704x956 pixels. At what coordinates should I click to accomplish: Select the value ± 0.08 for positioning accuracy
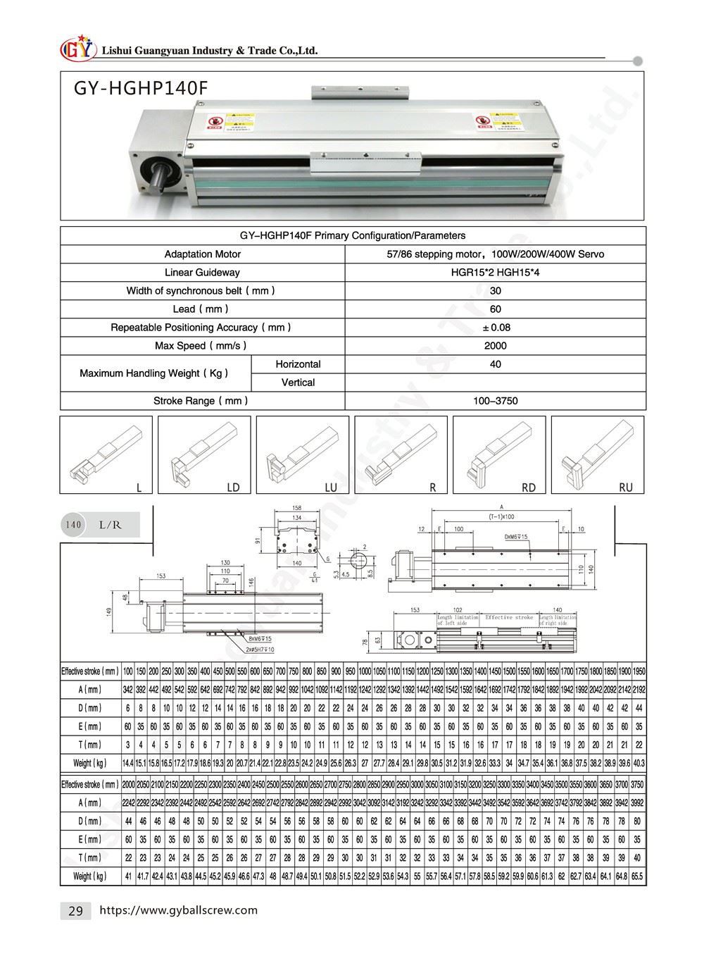pos(495,328)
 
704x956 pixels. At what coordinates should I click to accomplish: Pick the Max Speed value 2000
pos(495,346)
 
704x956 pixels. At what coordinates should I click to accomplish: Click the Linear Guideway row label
pos(202,273)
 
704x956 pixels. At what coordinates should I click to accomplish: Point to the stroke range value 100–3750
pos(495,401)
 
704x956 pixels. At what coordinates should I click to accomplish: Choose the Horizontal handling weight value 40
pos(495,364)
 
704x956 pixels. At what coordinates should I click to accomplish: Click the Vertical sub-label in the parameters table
pos(298,383)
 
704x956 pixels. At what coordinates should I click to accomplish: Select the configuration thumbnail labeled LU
pos(302,454)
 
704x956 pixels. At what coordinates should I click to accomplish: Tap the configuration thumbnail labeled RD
pos(498,454)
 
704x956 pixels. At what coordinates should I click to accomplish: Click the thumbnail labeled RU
pos(597,454)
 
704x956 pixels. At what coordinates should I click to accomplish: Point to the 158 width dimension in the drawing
pos(296,507)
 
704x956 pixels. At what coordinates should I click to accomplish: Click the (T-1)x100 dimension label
pos(501,516)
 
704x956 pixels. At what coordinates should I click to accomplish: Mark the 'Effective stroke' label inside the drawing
pos(508,617)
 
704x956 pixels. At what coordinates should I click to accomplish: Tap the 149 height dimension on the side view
pos(109,612)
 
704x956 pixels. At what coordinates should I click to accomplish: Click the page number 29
pos(75,911)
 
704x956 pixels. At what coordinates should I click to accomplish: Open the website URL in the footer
pos(179,910)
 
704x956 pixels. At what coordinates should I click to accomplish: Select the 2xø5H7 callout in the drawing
pos(260,648)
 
